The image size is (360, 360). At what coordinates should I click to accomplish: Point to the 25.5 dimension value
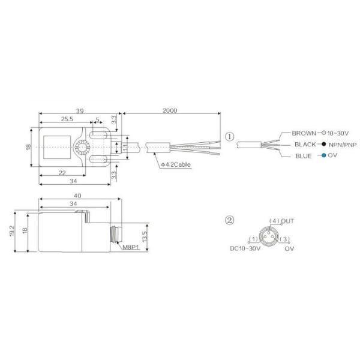click(x=68, y=119)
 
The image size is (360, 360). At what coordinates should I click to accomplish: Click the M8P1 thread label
click(x=130, y=247)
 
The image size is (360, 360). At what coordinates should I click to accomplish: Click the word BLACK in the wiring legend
click(x=305, y=145)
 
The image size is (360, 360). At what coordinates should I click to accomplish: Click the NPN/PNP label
click(x=343, y=145)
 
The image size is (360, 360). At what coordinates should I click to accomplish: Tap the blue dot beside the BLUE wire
click(x=323, y=156)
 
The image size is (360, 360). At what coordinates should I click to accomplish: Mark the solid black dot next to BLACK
click(x=323, y=145)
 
